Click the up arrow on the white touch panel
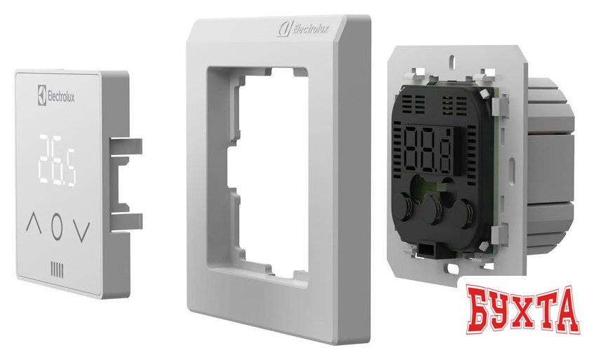coord(34,222)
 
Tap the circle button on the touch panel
coord(57,227)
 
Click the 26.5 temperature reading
coord(57,161)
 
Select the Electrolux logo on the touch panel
coord(56,95)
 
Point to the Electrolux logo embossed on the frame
coord(303,28)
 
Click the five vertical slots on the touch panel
coord(57,271)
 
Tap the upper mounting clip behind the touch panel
coord(126,146)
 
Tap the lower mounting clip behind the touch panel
coord(126,221)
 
